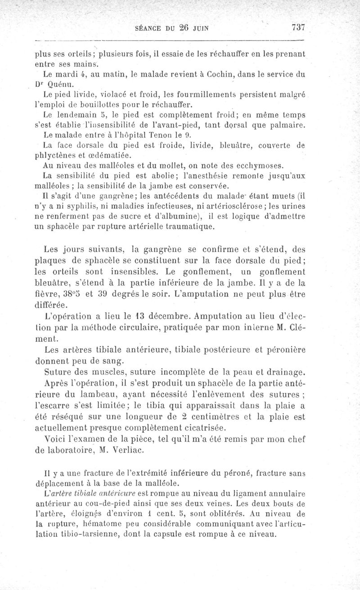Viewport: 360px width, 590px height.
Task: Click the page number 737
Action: (x=298, y=27)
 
